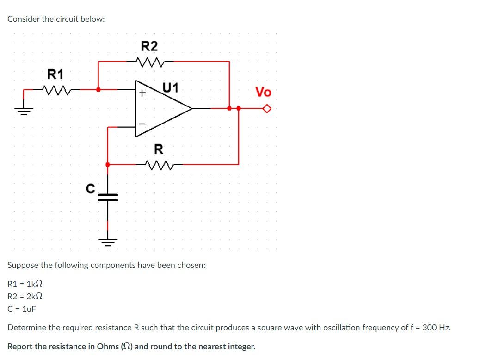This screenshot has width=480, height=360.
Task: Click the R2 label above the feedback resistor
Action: click(x=149, y=46)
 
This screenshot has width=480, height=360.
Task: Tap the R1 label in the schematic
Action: click(x=56, y=74)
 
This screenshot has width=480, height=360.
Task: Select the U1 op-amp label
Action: click(x=171, y=87)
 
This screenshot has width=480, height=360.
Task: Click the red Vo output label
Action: click(x=263, y=92)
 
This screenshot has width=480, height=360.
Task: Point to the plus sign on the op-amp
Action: click(x=142, y=93)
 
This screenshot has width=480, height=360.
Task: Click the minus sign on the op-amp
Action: click(x=142, y=124)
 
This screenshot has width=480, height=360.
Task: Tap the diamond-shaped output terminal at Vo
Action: click(x=266, y=109)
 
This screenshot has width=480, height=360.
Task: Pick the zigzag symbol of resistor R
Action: click(x=158, y=164)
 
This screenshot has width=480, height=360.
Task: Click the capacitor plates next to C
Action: click(x=108, y=198)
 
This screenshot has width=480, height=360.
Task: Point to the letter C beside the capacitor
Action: click(x=91, y=188)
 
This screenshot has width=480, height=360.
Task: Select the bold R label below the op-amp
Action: click(x=158, y=149)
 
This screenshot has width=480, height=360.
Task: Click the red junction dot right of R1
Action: click(x=98, y=89)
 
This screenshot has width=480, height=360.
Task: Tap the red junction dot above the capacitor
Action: click(x=108, y=164)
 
